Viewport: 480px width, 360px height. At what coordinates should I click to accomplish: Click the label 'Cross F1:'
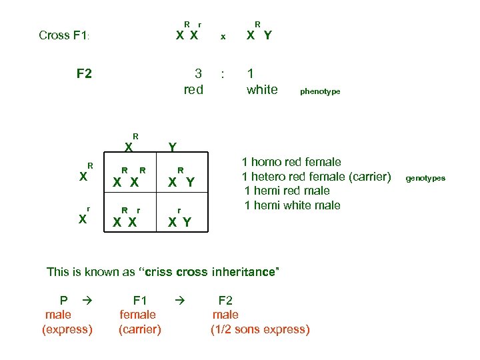tap(69, 35)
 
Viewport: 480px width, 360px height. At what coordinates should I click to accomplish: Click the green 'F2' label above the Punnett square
tap(84, 73)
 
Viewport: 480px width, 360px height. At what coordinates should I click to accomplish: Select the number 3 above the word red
tap(197, 73)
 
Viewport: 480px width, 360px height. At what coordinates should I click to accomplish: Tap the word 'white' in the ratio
tap(262, 89)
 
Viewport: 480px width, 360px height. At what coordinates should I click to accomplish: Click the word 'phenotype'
tap(320, 91)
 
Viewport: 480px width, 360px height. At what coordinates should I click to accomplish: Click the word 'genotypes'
tap(425, 178)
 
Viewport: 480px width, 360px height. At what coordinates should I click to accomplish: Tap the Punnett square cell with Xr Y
tap(181, 217)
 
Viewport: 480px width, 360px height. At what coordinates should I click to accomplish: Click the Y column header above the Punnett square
tap(173, 147)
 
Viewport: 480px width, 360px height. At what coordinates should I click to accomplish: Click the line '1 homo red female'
tap(291, 162)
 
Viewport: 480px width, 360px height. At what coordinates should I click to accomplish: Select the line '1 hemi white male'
tap(292, 205)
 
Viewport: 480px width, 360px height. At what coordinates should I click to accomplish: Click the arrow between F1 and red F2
tap(177, 301)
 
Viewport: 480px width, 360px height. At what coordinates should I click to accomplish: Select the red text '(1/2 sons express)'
tap(260, 329)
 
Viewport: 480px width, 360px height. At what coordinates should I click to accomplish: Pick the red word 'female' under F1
tap(137, 315)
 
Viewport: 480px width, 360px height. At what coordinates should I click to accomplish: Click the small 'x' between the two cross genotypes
tap(223, 37)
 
